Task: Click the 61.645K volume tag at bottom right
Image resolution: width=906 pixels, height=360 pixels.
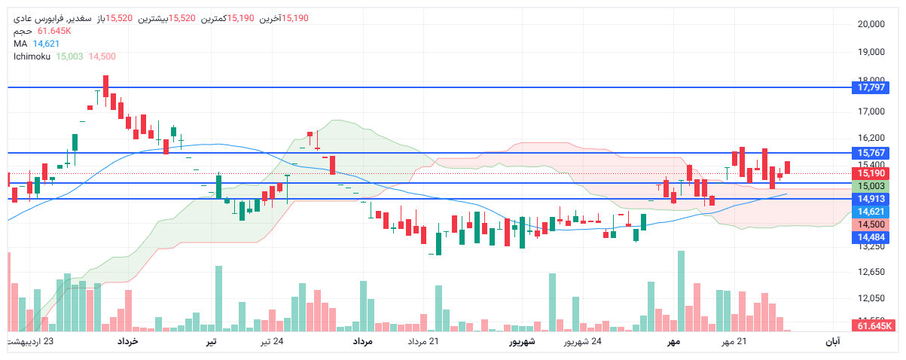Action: (874, 326)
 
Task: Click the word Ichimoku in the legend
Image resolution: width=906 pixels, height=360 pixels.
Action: (32, 56)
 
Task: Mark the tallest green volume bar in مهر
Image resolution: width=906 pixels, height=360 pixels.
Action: (682, 291)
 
